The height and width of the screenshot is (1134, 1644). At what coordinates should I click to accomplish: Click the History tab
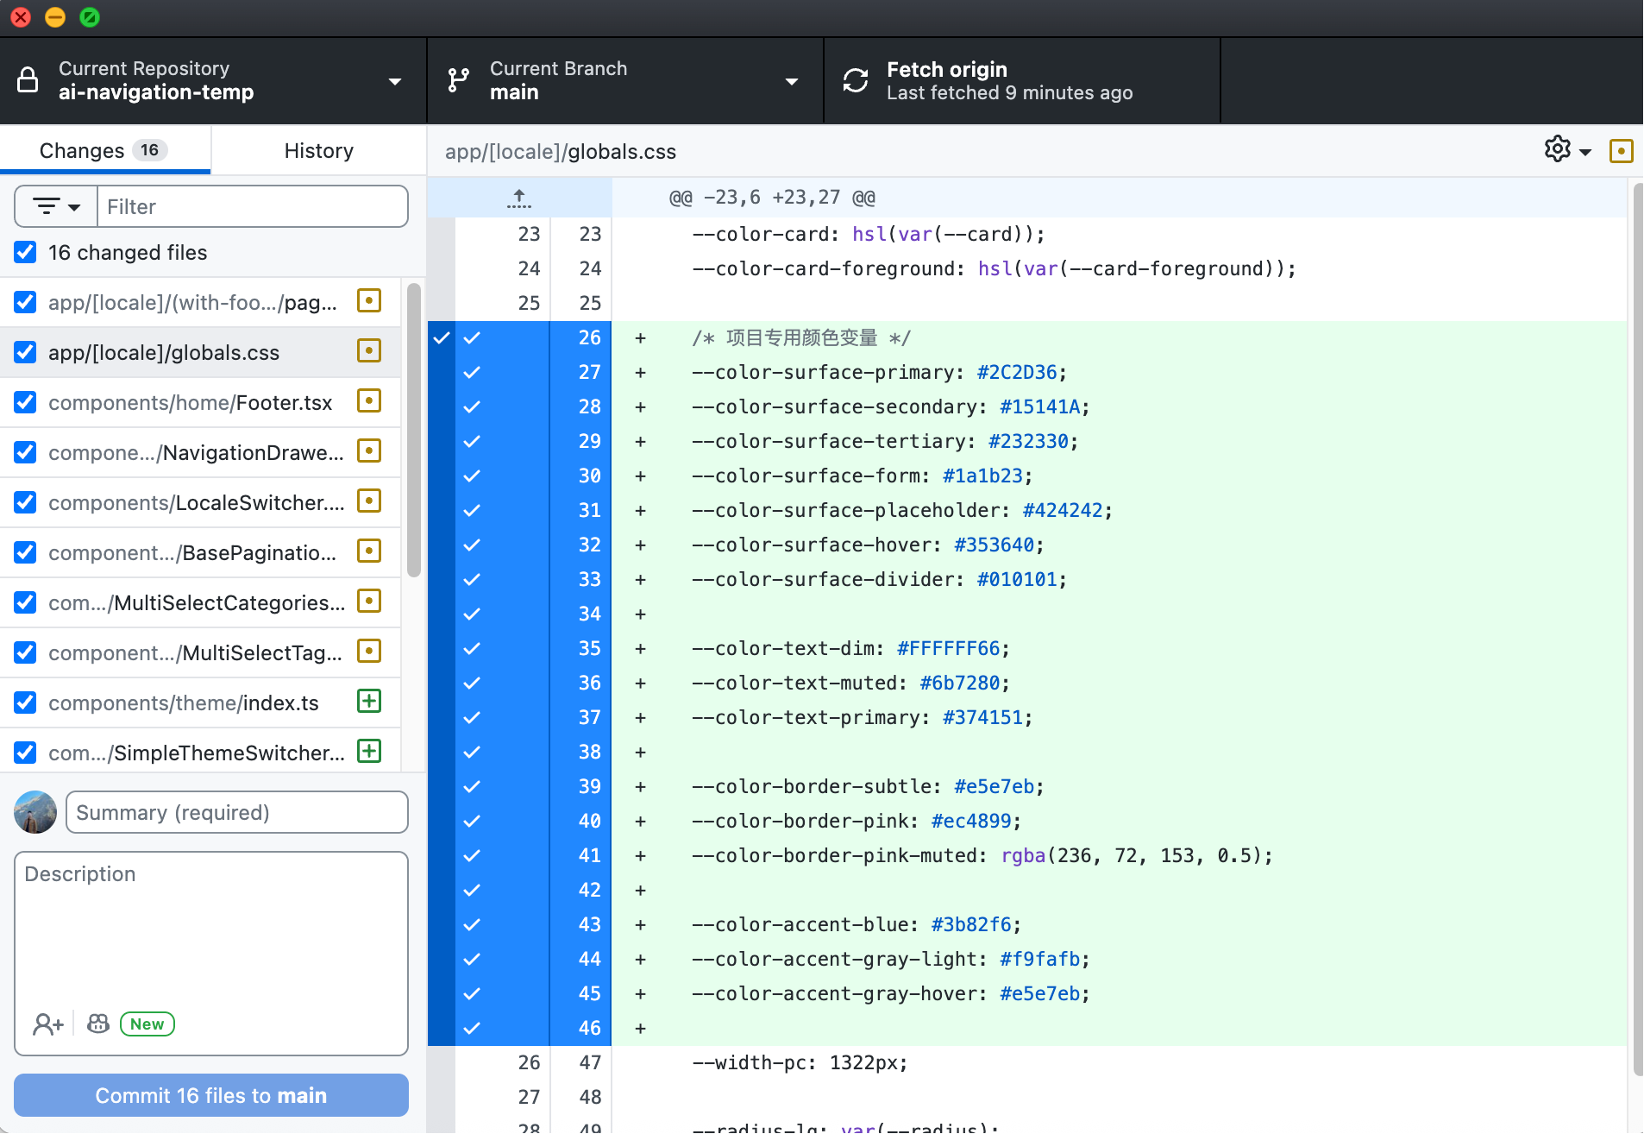coord(318,151)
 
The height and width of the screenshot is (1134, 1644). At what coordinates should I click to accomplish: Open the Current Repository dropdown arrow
coord(395,82)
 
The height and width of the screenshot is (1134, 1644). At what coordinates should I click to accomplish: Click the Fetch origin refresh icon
coord(856,80)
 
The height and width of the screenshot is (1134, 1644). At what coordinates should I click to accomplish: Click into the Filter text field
coord(253,207)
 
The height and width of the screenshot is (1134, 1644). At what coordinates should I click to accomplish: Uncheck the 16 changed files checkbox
coord(25,252)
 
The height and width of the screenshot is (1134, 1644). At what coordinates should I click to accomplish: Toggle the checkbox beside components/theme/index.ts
coord(25,702)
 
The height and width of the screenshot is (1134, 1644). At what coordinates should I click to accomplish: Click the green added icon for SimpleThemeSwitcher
coord(369,751)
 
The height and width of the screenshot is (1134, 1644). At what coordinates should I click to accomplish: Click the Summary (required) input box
coord(236,813)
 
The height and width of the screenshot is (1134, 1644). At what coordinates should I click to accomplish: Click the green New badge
coord(147,1024)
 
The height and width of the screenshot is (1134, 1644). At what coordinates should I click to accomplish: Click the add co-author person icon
coord(48,1024)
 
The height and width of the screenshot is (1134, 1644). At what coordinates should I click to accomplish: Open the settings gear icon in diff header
coord(1558,149)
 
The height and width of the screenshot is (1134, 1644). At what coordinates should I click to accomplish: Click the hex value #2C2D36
coord(1017,372)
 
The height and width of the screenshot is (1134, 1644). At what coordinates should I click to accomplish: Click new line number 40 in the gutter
coord(590,821)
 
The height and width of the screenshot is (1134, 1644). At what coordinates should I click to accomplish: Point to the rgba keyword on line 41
coord(1023,855)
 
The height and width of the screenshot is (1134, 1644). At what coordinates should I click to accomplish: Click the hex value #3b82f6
coord(971,924)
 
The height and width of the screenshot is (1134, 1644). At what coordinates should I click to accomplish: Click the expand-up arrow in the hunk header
coord(519,198)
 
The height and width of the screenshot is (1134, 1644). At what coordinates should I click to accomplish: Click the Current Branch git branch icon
coord(459,80)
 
